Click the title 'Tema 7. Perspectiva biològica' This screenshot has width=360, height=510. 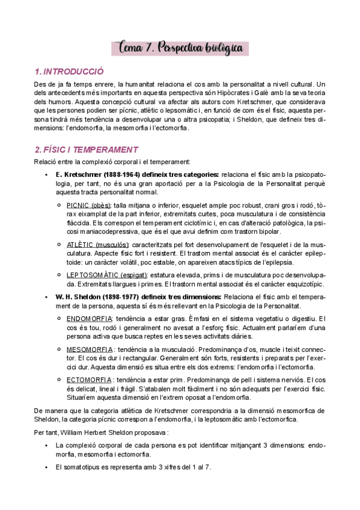(180, 47)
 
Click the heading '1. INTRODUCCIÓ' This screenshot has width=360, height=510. (69, 71)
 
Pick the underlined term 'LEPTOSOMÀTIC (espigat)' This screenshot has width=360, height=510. (106, 275)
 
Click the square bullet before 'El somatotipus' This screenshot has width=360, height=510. (46, 467)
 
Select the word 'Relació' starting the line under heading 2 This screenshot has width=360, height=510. (46, 162)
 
